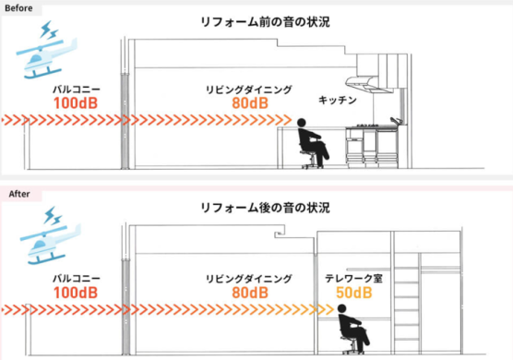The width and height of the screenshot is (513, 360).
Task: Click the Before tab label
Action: [x=20, y=7]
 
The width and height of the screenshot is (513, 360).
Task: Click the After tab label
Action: [x=18, y=194]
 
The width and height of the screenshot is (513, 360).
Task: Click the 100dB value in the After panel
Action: [x=77, y=293]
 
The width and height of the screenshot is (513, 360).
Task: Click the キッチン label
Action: [x=338, y=99]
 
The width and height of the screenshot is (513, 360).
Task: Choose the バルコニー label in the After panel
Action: [x=77, y=277]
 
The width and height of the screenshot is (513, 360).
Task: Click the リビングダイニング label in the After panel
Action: [x=249, y=277]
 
